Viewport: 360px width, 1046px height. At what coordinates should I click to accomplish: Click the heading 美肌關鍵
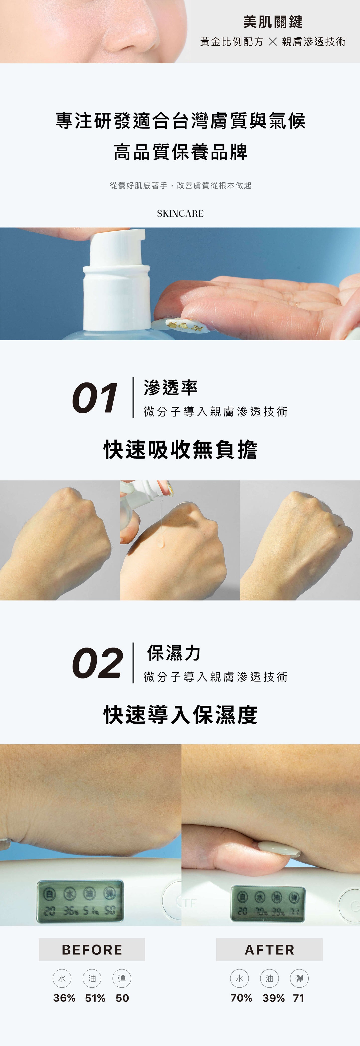(273, 22)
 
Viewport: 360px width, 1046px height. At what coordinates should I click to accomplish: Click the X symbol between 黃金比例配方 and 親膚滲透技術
(273, 42)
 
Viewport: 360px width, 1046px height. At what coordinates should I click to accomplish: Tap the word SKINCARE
(180, 214)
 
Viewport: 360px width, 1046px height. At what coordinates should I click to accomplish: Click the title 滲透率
(170, 388)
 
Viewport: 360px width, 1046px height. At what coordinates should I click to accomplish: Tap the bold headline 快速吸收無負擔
(180, 450)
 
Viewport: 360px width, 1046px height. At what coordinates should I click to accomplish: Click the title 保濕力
(174, 653)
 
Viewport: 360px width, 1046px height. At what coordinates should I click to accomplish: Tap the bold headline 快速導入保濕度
(180, 715)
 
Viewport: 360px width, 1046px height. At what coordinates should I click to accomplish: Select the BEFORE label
(92, 950)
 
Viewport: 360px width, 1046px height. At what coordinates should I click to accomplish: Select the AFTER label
(270, 950)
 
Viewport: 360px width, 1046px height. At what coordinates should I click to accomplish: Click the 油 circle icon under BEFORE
(92, 979)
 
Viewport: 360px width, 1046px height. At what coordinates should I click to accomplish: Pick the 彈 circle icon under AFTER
(299, 979)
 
